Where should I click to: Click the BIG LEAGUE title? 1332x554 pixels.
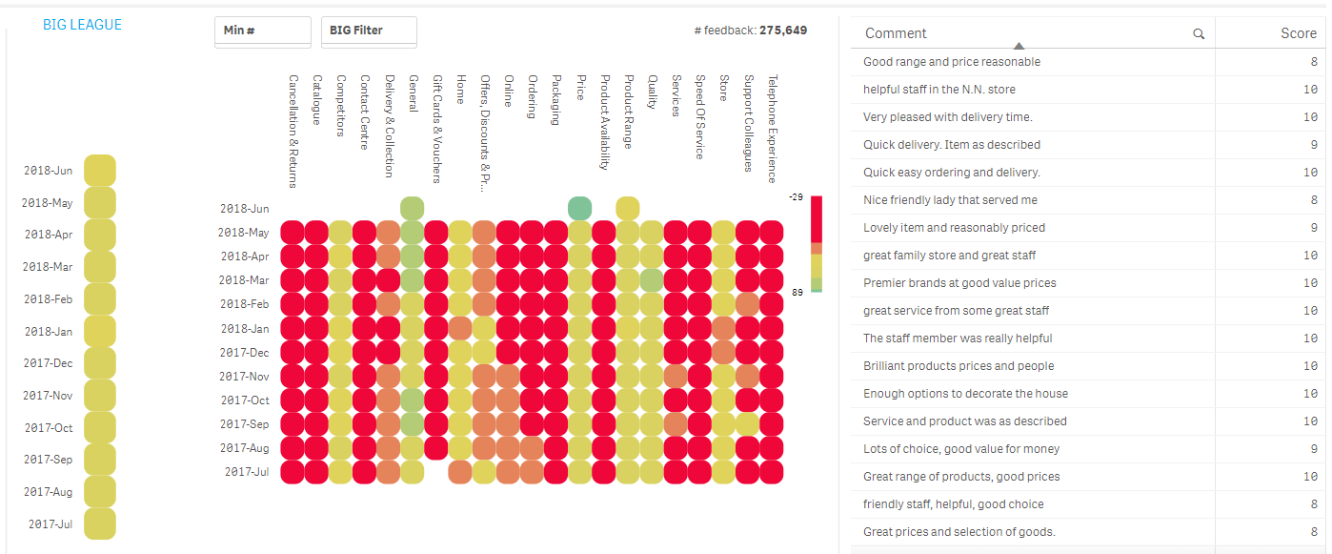tap(82, 25)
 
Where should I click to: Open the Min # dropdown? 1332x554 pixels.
tap(262, 31)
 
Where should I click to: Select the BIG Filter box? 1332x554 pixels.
tap(369, 31)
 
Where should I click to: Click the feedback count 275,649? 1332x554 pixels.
tap(782, 31)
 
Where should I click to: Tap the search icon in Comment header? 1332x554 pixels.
tap(1199, 34)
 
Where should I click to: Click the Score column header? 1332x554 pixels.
tap(1298, 33)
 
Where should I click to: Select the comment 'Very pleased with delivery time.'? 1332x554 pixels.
tap(947, 117)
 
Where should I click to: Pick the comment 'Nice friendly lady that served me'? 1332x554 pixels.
tap(950, 200)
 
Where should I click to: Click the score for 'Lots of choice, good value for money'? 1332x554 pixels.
tap(1314, 449)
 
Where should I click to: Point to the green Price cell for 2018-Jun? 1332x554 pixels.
tap(579, 208)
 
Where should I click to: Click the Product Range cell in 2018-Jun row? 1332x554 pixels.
tap(627, 208)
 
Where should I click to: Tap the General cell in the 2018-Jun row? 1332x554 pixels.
tap(412, 208)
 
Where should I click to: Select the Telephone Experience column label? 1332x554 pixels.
tap(773, 129)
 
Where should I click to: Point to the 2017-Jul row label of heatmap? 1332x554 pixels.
tap(246, 472)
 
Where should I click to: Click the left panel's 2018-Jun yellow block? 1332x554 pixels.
tap(99, 171)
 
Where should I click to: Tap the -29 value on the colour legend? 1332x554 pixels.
tap(796, 196)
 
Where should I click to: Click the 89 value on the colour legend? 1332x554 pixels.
tap(797, 293)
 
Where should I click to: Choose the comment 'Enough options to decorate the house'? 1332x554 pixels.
tap(965, 394)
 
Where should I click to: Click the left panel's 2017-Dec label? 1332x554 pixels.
tap(49, 363)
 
